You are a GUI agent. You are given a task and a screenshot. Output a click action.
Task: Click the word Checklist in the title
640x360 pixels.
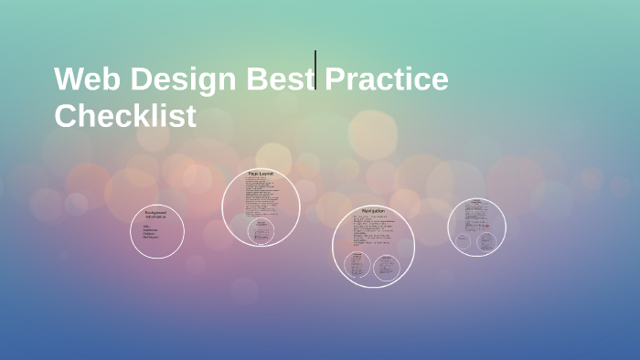coord(125,116)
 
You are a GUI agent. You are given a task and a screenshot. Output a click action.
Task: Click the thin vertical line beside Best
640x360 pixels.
coord(315,69)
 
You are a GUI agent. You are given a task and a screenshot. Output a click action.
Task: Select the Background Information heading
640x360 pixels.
coord(155,215)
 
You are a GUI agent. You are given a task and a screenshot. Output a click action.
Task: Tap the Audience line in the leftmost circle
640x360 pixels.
coord(150,229)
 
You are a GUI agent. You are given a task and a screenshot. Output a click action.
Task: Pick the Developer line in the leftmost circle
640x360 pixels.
coord(151,237)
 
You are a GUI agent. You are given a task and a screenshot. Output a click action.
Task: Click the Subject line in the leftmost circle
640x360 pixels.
coord(150,233)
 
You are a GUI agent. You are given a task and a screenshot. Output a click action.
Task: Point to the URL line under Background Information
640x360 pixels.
coord(146,226)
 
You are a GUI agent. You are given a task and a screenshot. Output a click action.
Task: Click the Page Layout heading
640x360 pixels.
coord(261,173)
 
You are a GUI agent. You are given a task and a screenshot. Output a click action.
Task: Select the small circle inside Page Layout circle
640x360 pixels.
coord(261,230)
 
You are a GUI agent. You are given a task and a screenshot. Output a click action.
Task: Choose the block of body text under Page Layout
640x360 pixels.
coord(261,195)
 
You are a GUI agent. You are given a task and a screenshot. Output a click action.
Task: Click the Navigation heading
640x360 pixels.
coord(373,211)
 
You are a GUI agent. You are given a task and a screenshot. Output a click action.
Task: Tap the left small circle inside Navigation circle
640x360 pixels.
coord(357,265)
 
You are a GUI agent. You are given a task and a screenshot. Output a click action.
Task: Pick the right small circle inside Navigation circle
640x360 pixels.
coord(387,265)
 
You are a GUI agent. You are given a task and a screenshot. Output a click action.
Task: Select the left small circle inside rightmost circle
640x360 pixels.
coord(464,241)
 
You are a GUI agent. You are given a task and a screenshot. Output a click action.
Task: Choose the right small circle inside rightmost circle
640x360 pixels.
coord(486,241)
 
